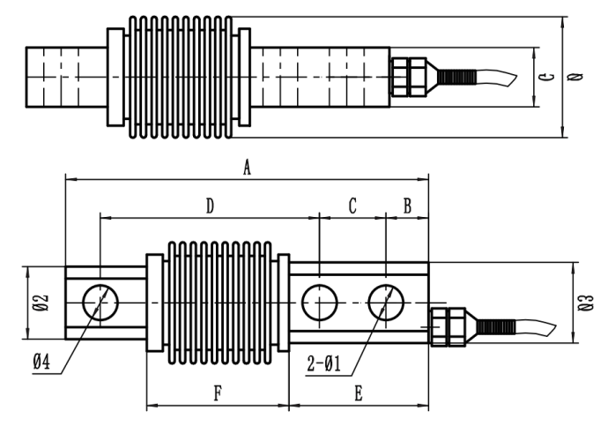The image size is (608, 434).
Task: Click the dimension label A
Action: click(247, 168)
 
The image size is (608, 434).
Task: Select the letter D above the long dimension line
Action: click(210, 206)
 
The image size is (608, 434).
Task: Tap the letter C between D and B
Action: click(352, 206)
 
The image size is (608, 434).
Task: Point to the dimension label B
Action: click(407, 206)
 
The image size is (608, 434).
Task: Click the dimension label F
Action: click(218, 393)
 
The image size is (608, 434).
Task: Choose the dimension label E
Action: click(359, 393)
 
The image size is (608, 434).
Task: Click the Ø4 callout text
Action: click(41, 363)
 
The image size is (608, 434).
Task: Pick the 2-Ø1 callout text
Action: click(323, 364)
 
